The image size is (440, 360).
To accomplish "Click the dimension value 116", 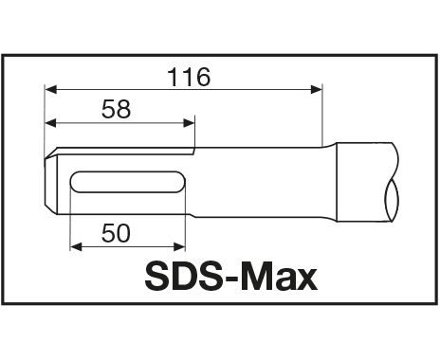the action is pyautogui.click(x=189, y=77).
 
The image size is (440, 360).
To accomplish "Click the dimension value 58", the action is pyautogui.click(x=116, y=109).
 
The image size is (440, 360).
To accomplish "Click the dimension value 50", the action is pyautogui.click(x=116, y=233).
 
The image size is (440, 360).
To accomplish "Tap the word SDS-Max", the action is pyautogui.click(x=231, y=277).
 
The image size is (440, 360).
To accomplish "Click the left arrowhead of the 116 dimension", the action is pyautogui.click(x=50, y=89).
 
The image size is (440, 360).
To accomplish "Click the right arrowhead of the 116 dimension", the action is pyautogui.click(x=317, y=89).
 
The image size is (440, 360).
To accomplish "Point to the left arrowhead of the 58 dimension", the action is pyautogui.click(x=50, y=123).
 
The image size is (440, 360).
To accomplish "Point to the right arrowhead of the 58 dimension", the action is pyautogui.click(x=189, y=123).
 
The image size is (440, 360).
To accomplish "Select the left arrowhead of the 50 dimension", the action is pyautogui.click(x=76, y=246).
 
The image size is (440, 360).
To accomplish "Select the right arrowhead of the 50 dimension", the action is pyautogui.click(x=179, y=246).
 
